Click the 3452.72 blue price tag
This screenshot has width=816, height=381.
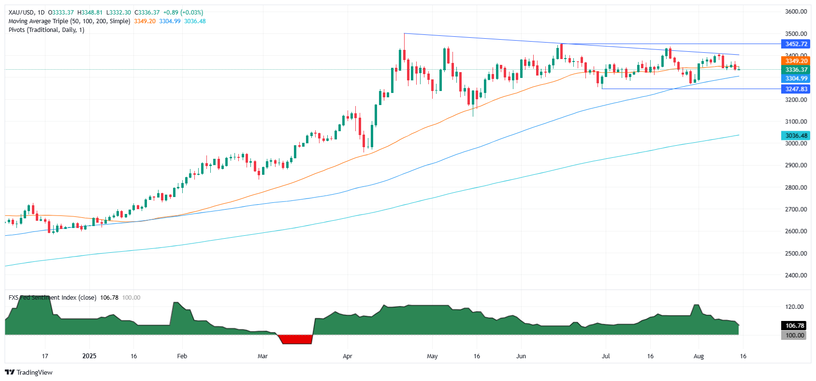click(796, 44)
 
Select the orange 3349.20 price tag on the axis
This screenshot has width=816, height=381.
click(796, 61)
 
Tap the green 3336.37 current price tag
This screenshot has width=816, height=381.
click(796, 70)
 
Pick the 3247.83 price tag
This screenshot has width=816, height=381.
click(796, 89)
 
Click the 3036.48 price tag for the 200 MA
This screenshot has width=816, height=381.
click(796, 136)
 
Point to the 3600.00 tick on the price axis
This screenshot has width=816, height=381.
click(796, 12)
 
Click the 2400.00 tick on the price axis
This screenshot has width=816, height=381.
click(796, 275)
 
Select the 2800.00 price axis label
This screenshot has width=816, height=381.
click(796, 187)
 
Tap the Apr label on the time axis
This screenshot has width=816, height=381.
click(347, 356)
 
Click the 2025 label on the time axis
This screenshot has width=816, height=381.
click(89, 356)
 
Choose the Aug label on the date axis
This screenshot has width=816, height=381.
click(699, 356)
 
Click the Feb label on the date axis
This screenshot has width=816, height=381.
click(182, 356)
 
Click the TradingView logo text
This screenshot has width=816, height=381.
click(34, 372)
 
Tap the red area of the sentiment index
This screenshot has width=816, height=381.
click(296, 339)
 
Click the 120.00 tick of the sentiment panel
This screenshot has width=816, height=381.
click(794, 307)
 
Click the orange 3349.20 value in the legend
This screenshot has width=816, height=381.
click(145, 21)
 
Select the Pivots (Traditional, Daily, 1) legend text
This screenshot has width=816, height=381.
click(46, 30)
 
